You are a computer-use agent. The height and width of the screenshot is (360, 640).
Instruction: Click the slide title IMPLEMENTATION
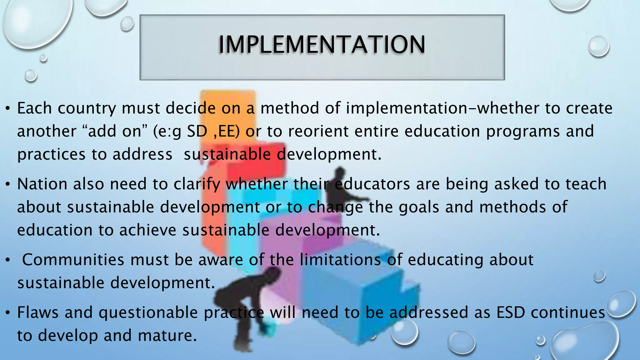tap(322, 45)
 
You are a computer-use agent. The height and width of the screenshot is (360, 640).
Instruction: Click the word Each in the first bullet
tap(34, 108)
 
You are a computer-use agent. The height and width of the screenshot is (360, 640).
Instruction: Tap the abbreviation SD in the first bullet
tap(197, 131)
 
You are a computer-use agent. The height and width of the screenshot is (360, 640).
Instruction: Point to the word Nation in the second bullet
tap(42, 184)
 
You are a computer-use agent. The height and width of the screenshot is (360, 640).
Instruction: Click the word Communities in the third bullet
tap(73, 260)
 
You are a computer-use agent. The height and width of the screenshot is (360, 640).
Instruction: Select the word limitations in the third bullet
tap(340, 260)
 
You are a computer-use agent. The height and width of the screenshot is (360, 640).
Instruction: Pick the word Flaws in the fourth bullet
tap(38, 312)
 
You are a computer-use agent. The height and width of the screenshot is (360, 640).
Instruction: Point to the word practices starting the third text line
tap(51, 155)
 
